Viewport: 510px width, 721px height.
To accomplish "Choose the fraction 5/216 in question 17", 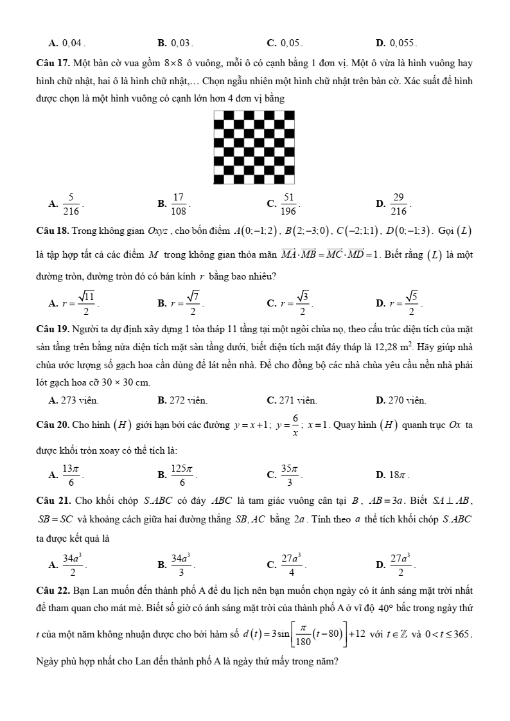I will [x=71, y=204].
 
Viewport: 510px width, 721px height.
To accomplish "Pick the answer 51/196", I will [x=289, y=204].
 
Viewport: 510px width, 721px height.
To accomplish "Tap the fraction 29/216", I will [x=398, y=204].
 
